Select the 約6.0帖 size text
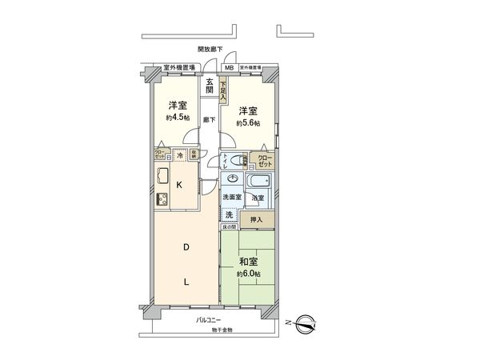point(248,274)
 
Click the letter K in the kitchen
point(179,185)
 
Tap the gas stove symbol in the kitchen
point(161,199)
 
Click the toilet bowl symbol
point(229,159)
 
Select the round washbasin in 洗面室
point(234,179)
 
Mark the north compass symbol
point(305,325)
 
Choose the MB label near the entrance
point(229,69)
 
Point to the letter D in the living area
point(186,249)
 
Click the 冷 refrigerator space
point(181,154)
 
